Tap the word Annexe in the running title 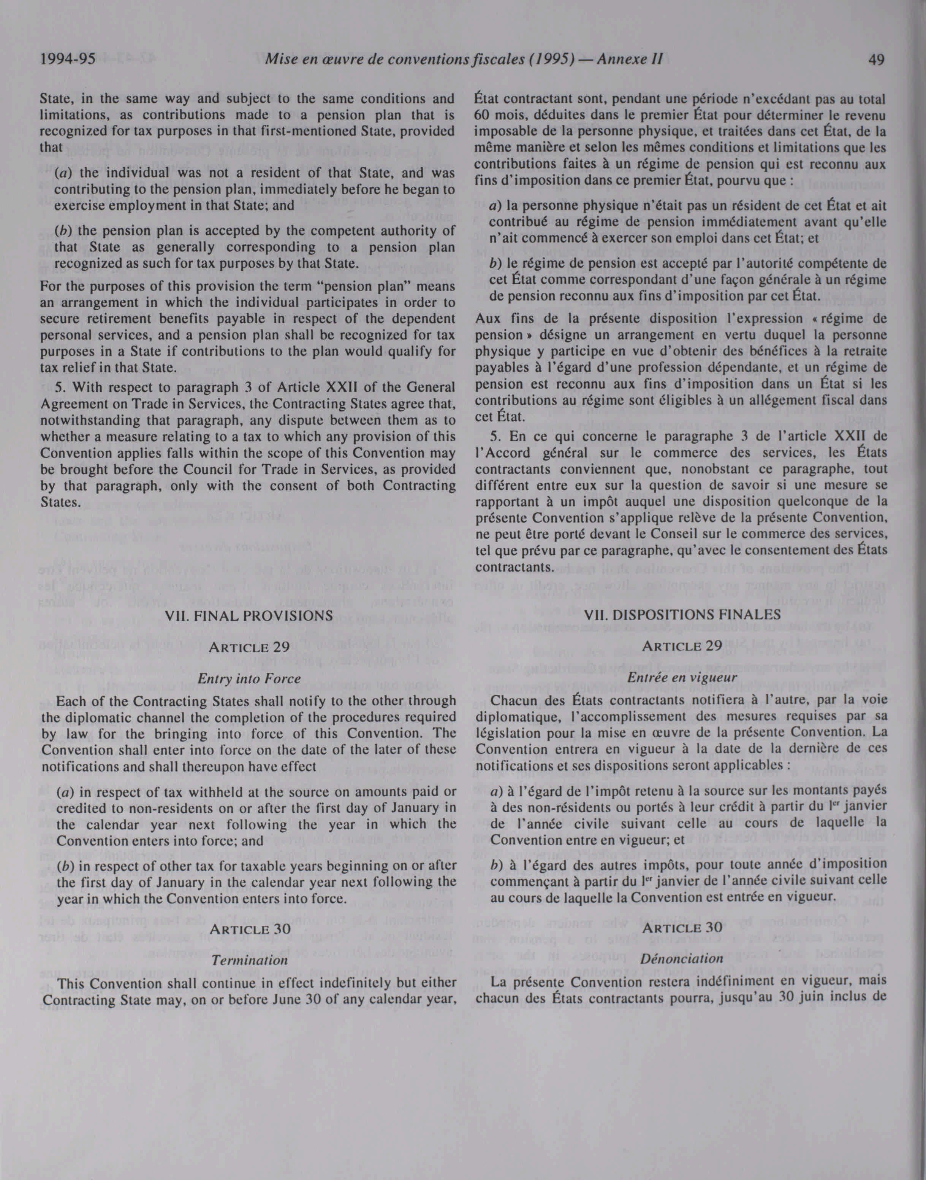(623, 60)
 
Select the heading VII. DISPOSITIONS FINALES (682, 615)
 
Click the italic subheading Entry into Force (249, 679)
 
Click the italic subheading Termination (249, 960)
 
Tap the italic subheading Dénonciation (682, 959)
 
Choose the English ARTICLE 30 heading (249, 928)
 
